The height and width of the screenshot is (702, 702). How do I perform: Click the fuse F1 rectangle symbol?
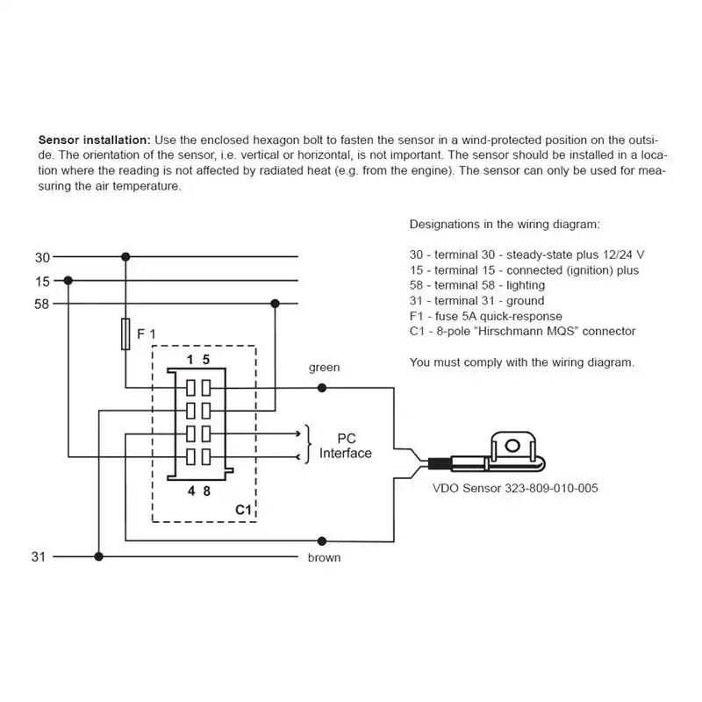tap(125, 334)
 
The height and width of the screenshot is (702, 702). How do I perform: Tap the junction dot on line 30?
tap(125, 257)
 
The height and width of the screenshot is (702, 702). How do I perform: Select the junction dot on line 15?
tap(68, 281)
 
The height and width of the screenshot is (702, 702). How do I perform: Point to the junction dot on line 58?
tap(276, 304)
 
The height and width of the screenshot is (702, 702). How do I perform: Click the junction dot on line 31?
tap(99, 557)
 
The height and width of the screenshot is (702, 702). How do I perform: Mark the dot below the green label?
tap(322, 388)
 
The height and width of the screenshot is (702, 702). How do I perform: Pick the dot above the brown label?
tap(322, 541)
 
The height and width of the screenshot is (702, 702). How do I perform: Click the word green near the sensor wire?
tap(324, 368)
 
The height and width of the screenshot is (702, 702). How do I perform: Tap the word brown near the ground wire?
tap(324, 558)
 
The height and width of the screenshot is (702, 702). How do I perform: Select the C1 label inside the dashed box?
tap(244, 510)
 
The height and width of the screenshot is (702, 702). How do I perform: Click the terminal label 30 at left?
tap(42, 258)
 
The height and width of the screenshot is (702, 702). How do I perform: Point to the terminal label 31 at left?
tap(39, 557)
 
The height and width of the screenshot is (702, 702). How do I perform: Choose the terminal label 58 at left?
tap(41, 304)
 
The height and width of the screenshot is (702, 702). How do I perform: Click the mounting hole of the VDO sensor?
tap(512, 446)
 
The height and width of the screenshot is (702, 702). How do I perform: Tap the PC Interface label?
tap(346, 446)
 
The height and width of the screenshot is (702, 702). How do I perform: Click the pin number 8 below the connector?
tap(207, 491)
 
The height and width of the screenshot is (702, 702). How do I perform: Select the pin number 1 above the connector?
tap(190, 360)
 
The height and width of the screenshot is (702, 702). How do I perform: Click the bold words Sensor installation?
tap(95, 140)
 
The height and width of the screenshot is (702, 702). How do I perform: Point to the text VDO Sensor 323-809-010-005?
tap(515, 488)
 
